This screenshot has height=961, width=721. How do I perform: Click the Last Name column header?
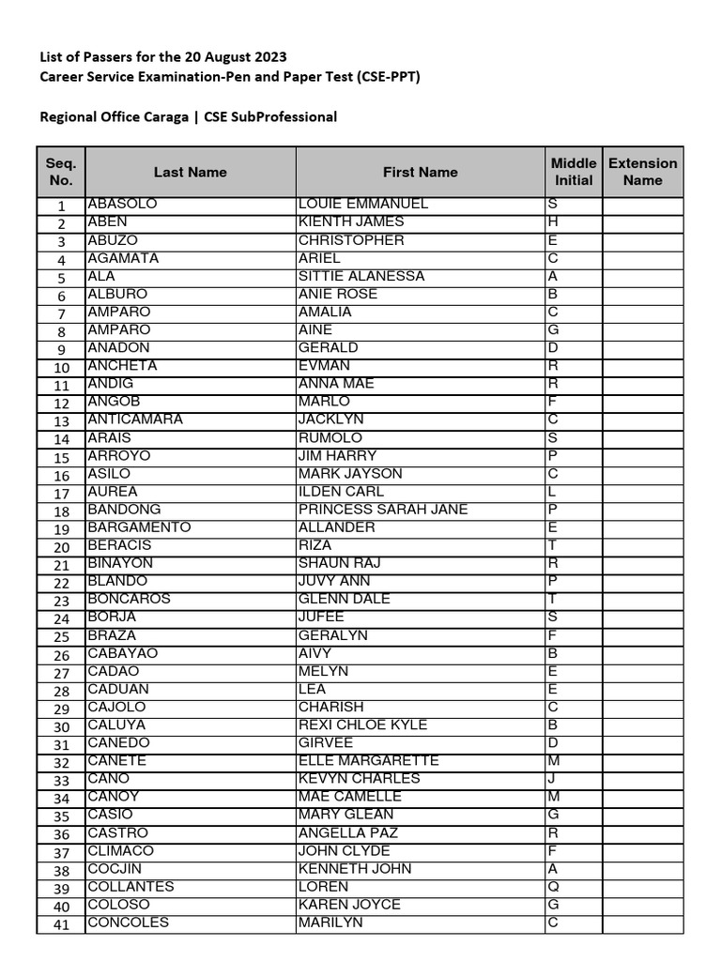click(x=191, y=172)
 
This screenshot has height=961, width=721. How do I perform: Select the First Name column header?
click(x=420, y=172)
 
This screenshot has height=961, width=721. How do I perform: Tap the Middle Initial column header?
click(x=574, y=172)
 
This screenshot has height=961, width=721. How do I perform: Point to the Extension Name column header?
click(x=642, y=172)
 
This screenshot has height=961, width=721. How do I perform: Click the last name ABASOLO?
click(x=122, y=204)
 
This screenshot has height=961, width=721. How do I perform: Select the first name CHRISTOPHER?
click(x=351, y=240)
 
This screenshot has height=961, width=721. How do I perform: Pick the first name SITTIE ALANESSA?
click(x=361, y=276)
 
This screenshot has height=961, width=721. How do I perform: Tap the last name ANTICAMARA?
click(x=135, y=419)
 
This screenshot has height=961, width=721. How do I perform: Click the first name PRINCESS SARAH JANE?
click(x=382, y=510)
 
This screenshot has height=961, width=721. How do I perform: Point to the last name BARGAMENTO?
click(x=139, y=527)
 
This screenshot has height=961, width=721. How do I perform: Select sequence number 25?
click(x=62, y=637)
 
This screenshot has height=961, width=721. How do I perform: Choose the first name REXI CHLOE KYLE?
click(x=362, y=725)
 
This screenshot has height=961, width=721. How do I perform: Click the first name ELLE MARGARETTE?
click(x=368, y=761)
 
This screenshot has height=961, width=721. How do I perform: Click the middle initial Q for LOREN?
click(x=553, y=887)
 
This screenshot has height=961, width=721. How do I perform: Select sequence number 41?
click(x=62, y=924)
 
